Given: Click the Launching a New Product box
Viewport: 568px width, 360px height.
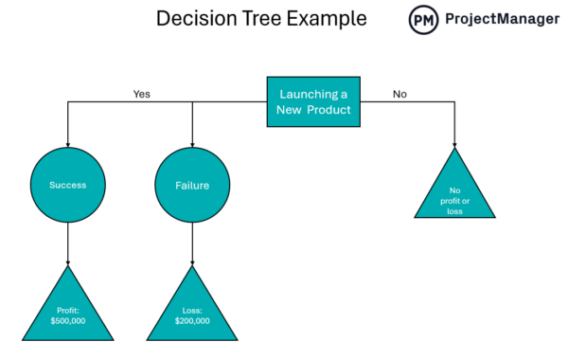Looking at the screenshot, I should [x=313, y=102].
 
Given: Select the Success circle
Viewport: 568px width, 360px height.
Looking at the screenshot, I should [x=68, y=185].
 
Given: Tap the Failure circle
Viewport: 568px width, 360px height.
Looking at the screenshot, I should [x=192, y=185].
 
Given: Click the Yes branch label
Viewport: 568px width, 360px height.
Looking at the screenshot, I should [x=141, y=94].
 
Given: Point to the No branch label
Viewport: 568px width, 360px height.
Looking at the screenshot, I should [x=399, y=94].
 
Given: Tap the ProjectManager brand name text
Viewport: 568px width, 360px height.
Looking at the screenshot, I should [x=503, y=20].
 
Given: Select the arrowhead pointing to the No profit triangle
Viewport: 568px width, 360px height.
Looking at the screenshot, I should [x=454, y=142].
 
